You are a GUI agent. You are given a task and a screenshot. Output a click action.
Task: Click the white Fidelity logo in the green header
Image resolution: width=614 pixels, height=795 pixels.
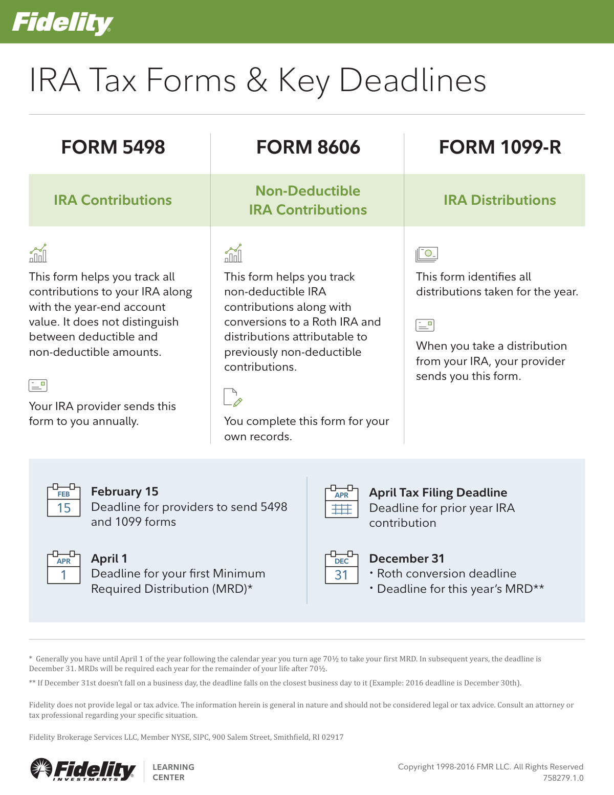(x=62, y=23)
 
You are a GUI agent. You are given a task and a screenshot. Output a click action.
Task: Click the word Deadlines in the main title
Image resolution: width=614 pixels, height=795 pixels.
(x=412, y=81)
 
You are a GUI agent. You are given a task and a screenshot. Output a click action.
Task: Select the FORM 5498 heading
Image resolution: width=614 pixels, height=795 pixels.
(x=113, y=147)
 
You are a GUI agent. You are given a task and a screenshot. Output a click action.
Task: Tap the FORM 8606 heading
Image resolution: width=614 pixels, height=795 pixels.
(x=308, y=147)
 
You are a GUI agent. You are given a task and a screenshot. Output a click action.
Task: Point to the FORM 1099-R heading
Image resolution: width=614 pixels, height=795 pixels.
(x=500, y=147)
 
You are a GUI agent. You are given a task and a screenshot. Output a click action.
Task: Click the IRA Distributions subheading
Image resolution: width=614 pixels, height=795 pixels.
(x=499, y=200)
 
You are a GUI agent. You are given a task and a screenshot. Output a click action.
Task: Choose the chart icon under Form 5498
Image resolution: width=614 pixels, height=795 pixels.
(x=38, y=253)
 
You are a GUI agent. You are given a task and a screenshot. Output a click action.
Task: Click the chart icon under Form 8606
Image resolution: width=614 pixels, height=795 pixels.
(x=233, y=253)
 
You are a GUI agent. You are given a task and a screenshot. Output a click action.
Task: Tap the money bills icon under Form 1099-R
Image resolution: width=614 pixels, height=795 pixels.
(x=427, y=254)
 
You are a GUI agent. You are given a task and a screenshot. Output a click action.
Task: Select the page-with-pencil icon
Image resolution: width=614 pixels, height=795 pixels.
(x=233, y=398)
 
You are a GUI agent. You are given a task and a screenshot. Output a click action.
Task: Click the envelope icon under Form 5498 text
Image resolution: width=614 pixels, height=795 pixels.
(x=38, y=385)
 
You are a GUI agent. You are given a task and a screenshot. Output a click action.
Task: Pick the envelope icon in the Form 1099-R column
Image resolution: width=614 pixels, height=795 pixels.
(x=425, y=325)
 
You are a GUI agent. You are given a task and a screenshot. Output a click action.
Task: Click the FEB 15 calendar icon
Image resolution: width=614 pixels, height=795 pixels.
(x=64, y=501)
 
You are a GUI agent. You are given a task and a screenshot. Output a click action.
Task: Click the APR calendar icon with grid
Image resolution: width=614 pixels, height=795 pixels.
(x=341, y=502)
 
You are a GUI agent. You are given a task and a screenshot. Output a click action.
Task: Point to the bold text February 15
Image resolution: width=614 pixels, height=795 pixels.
(x=125, y=491)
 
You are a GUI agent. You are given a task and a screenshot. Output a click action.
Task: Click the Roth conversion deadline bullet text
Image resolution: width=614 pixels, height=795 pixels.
(x=446, y=573)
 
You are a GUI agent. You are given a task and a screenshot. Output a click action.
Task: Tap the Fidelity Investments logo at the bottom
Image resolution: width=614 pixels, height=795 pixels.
(x=83, y=769)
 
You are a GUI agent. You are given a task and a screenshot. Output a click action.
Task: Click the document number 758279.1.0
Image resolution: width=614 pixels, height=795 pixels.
(x=563, y=778)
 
